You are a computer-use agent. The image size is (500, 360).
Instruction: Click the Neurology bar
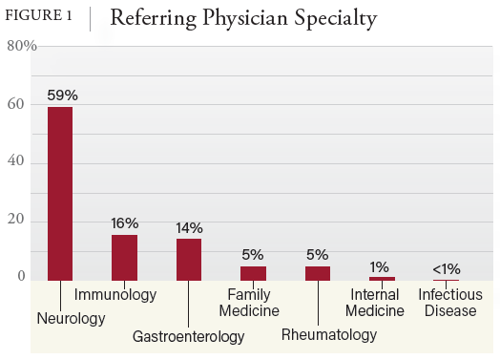[x=60, y=193]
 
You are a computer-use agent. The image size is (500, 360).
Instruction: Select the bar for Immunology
[x=124, y=257]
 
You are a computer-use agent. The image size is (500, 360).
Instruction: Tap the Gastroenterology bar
[x=189, y=259]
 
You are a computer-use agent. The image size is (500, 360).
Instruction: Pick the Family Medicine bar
[x=253, y=273]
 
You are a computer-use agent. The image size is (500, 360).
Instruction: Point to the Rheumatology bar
[x=318, y=273]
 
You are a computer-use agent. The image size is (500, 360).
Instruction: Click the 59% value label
[x=61, y=95]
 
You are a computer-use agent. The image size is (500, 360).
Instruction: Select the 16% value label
[x=125, y=223]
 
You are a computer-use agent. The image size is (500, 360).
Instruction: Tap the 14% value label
[x=190, y=228]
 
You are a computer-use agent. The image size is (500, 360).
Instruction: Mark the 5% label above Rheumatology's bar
[x=318, y=254]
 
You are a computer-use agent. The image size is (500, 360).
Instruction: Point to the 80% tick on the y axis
[x=20, y=46]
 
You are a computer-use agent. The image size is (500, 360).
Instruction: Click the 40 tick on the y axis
[x=16, y=162]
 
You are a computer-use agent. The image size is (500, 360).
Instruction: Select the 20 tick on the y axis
[x=16, y=221]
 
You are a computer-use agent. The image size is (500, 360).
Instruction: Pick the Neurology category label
[x=72, y=318]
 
